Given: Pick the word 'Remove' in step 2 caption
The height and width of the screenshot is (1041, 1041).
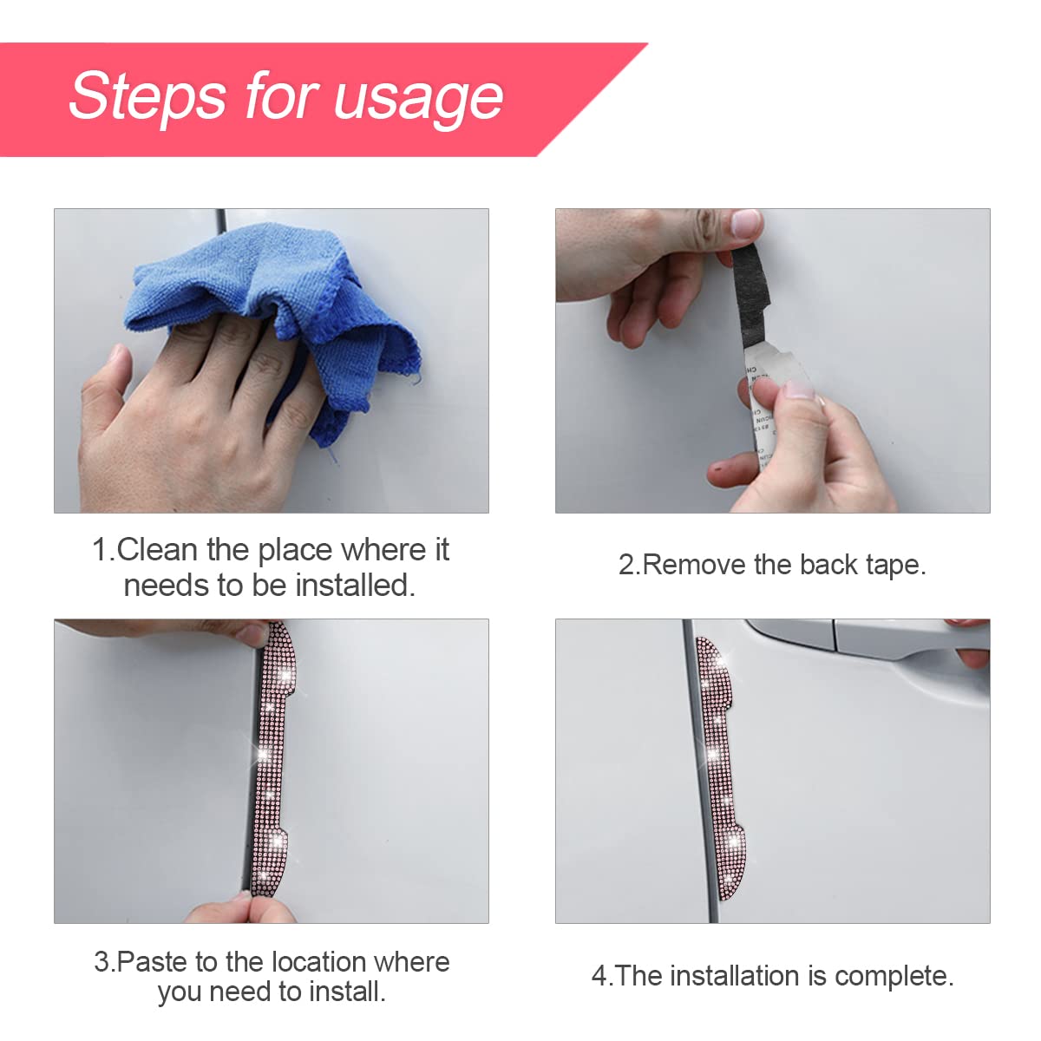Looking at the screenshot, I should click(695, 565).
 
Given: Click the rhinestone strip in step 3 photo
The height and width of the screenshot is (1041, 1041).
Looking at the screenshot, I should click(271, 763).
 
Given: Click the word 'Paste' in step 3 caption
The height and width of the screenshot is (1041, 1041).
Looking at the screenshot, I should click(153, 962).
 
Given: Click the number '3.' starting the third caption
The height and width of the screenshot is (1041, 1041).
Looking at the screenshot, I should click(103, 962).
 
